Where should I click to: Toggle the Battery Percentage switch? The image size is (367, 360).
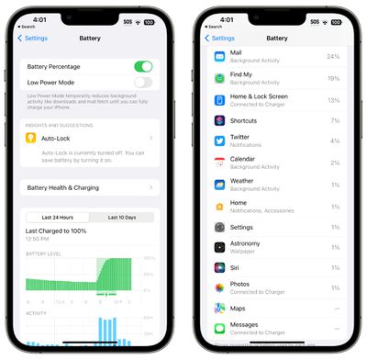[143, 67]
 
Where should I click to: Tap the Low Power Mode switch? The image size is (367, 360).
[143, 82]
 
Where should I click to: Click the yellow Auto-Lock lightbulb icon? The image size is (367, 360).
[33, 139]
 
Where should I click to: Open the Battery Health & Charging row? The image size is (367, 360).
[89, 187]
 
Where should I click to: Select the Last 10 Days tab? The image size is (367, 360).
[123, 217]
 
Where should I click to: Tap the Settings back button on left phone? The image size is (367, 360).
[33, 38]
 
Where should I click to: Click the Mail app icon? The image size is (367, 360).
[220, 57]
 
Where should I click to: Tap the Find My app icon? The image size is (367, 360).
[220, 78]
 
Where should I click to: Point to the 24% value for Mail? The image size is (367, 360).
[333, 57]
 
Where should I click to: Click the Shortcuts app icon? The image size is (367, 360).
[220, 120]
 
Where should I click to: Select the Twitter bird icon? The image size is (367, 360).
[220, 141]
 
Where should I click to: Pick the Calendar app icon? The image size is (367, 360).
[220, 163]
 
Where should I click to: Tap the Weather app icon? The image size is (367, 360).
[220, 184]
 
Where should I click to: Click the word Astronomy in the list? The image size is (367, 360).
[245, 243]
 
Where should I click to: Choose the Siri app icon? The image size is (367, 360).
[220, 267]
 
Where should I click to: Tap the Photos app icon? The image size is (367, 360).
[220, 287]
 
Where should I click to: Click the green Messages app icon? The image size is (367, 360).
[220, 328]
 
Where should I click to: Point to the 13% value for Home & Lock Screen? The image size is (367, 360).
[333, 99]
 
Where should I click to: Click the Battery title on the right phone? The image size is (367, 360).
[276, 38]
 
